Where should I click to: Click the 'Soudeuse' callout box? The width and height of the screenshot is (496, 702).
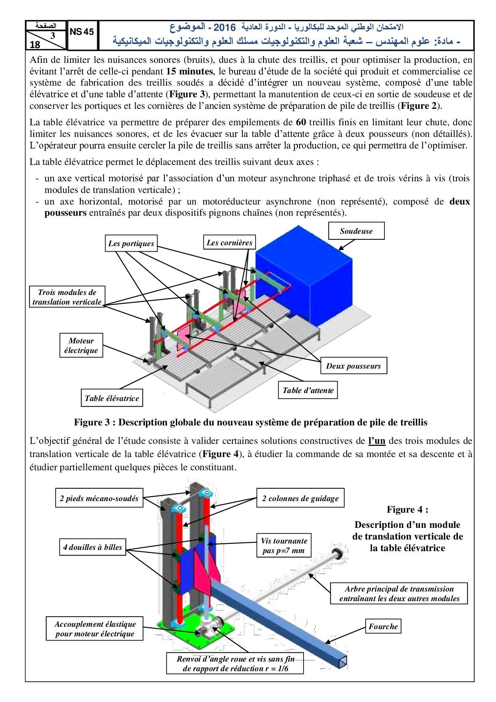(x=356, y=231)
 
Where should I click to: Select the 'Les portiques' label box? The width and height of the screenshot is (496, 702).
(x=131, y=243)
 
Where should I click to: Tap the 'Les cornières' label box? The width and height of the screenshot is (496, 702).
(x=229, y=243)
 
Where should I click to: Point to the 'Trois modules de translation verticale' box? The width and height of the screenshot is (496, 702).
(x=67, y=297)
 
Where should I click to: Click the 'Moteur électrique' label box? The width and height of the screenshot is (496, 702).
(x=81, y=345)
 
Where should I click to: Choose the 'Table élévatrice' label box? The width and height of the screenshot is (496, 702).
(x=112, y=398)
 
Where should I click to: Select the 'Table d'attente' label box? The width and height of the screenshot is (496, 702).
(x=308, y=390)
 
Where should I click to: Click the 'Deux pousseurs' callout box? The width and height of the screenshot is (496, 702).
(x=353, y=366)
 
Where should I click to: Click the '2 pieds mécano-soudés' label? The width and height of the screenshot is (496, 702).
(x=99, y=498)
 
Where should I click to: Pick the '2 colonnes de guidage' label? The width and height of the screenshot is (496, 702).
(x=300, y=498)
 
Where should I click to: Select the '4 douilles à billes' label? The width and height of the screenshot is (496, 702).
(x=92, y=547)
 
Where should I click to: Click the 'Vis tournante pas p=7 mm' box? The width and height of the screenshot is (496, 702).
(x=284, y=546)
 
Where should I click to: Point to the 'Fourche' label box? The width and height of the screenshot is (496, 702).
(x=383, y=626)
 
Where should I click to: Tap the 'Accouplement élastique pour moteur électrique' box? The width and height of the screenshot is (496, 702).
(x=95, y=629)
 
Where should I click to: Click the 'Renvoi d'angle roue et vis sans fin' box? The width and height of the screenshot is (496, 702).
(x=235, y=664)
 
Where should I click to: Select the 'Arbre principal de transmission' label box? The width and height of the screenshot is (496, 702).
(x=399, y=594)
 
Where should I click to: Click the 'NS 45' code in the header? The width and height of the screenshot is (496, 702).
(x=82, y=32)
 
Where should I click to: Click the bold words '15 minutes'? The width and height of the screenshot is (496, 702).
(x=190, y=72)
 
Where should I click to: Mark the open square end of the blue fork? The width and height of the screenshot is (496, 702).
(x=342, y=661)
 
